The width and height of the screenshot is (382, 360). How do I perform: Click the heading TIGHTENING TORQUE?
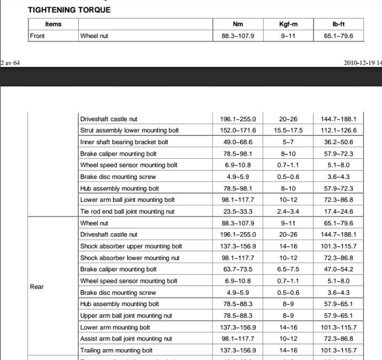68,10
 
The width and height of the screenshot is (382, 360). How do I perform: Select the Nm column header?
238,24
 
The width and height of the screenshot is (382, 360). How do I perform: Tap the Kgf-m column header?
288,24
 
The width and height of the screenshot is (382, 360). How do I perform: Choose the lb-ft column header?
338,24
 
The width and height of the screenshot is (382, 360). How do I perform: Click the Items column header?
53,24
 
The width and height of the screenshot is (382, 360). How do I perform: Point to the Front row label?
37,36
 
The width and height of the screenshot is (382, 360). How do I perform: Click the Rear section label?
37,287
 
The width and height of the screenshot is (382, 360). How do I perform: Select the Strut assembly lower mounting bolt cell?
129,131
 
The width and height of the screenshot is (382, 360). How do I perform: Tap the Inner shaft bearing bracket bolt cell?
124,142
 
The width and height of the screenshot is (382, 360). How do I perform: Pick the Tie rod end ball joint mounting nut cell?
127,212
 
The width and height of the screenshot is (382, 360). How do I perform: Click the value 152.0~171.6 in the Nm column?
238,131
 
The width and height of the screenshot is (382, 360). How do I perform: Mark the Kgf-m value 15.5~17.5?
288,131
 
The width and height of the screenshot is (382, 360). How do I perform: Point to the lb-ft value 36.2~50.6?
338,142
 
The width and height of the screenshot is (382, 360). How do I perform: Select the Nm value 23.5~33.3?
238,212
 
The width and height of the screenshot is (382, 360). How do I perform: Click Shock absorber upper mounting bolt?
131,246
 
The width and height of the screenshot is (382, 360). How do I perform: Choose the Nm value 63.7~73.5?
238,269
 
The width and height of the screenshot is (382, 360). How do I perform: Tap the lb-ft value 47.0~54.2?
338,269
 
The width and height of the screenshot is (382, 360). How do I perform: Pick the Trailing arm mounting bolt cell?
116,350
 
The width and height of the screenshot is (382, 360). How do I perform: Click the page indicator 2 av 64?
10,63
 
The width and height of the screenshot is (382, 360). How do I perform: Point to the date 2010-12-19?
359,63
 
